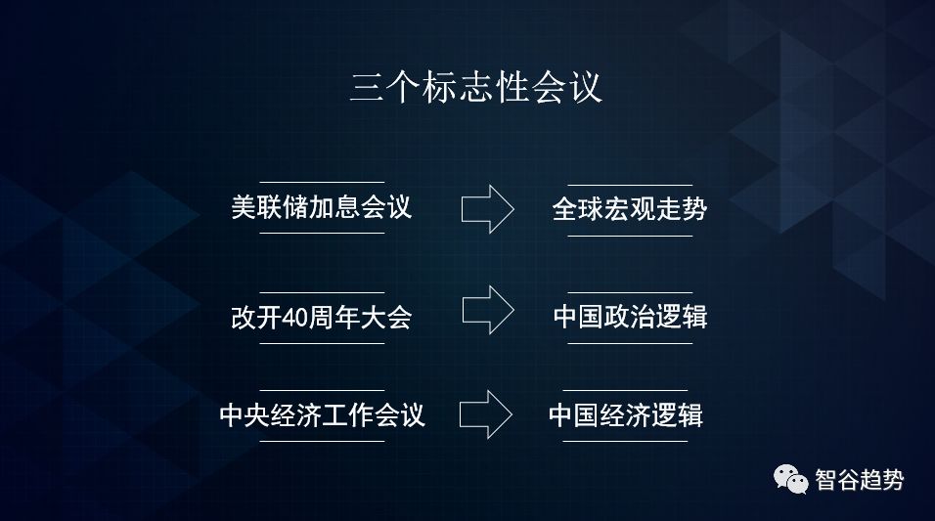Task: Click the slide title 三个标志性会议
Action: [x=476, y=88]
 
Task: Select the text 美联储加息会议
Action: [x=321, y=208]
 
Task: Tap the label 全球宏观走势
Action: [x=629, y=208]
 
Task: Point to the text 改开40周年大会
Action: [x=321, y=319]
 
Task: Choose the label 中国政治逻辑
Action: [x=629, y=318]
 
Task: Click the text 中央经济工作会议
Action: [x=322, y=415]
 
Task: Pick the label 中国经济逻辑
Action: [x=625, y=415]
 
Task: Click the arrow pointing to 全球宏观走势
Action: [x=487, y=207]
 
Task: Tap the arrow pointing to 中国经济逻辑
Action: [x=486, y=414]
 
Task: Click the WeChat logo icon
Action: [x=792, y=479]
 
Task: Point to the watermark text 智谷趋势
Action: [x=860, y=480]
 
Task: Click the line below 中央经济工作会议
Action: [x=322, y=441]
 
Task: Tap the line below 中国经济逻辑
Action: [x=625, y=441]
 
